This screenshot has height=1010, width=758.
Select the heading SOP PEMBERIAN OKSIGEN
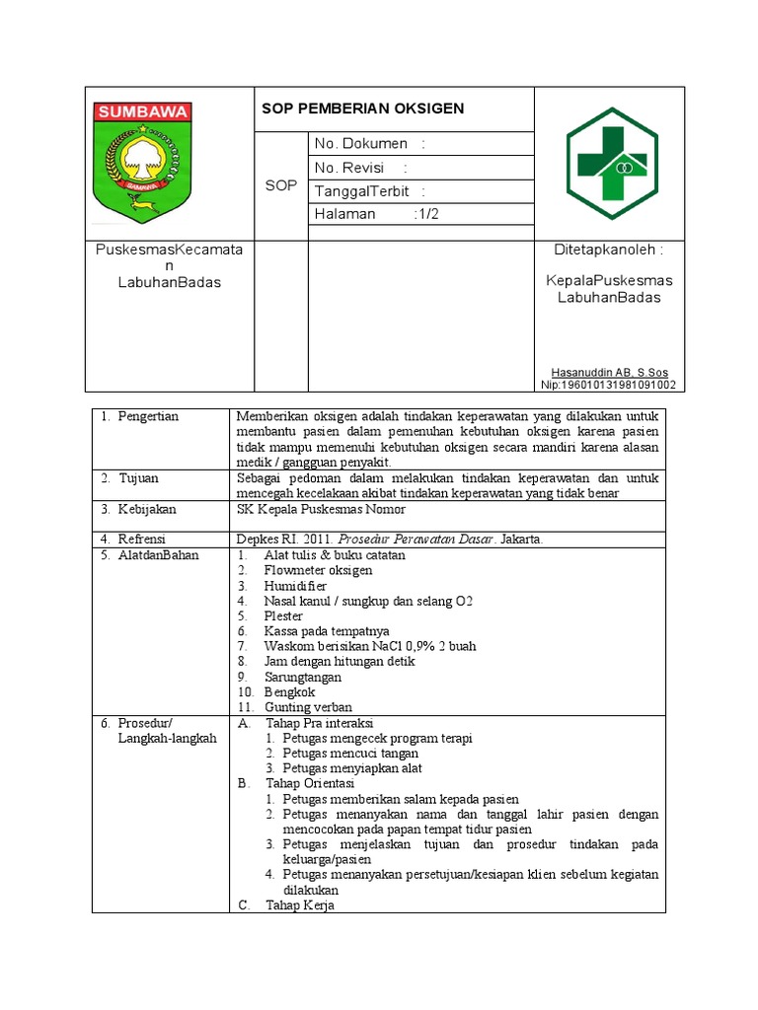pyautogui.click(x=362, y=108)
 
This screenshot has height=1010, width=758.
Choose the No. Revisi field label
pyautogui.click(x=349, y=168)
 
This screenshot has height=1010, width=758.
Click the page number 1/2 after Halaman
pyautogui.click(x=428, y=214)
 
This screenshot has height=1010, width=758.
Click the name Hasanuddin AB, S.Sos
pyautogui.click(x=610, y=373)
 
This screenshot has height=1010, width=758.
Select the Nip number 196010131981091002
pyautogui.click(x=608, y=385)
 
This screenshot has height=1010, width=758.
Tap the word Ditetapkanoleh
pyautogui.click(x=604, y=251)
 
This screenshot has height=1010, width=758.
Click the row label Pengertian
pyautogui.click(x=148, y=416)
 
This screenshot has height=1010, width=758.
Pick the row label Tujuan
pyautogui.click(x=139, y=478)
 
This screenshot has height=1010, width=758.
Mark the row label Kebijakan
pyautogui.click(x=147, y=509)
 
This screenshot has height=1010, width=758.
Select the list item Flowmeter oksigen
pyautogui.click(x=318, y=570)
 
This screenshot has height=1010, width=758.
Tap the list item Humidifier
pyautogui.click(x=295, y=586)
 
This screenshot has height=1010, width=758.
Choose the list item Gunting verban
pyautogui.click(x=308, y=707)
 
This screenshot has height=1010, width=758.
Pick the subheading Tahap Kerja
pyautogui.click(x=300, y=905)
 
